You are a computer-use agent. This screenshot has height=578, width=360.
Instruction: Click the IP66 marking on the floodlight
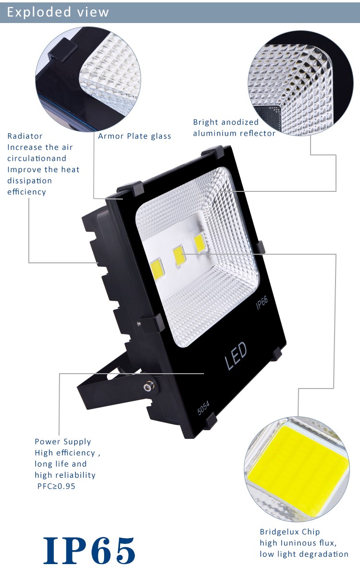coord(262,302)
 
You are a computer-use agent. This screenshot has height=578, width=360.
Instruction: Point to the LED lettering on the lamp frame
coord(236,356)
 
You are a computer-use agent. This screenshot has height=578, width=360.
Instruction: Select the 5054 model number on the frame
coord(204,408)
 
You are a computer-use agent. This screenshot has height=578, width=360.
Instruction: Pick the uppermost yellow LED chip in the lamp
coord(200,243)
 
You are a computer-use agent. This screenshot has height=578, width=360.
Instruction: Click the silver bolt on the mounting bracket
coord(148,386)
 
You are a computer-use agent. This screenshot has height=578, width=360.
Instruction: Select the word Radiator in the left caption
coord(25,136)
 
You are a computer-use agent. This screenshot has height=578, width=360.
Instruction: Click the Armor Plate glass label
coord(134,136)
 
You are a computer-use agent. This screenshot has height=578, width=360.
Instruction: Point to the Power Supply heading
coord(63,442)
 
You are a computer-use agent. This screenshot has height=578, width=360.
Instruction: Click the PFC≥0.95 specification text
coord(56,486)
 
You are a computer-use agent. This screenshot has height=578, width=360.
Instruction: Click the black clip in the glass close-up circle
coord(62,49)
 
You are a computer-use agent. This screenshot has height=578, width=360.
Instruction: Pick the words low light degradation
coord(304,554)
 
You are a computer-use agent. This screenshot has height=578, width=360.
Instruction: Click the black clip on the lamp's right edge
coord(261,247)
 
